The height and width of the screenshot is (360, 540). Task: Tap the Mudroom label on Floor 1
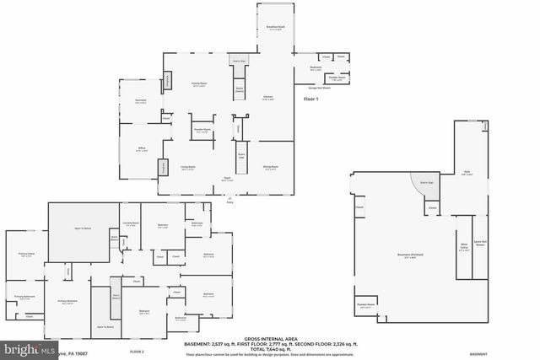click(316, 67)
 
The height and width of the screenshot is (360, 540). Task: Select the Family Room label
click(199, 84)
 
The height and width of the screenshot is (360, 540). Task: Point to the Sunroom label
click(140, 101)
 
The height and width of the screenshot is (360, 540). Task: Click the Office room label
click(142, 148)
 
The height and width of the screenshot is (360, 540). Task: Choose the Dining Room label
click(270, 167)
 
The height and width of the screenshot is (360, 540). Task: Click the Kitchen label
click(267, 98)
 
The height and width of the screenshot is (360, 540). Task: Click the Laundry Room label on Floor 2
click(130, 223)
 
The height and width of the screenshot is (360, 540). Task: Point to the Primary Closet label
click(26, 254)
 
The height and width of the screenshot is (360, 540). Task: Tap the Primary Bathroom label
click(23, 297)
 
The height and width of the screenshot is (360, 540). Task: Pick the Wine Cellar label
click(462, 249)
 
